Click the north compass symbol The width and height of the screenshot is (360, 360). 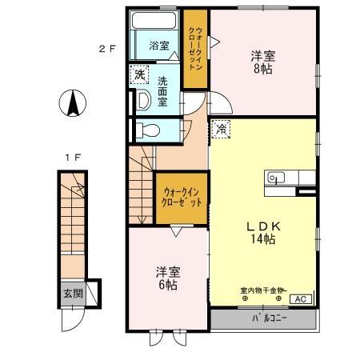[x=70, y=102]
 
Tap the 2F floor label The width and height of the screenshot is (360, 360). [x=107, y=48]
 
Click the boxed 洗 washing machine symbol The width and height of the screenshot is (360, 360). [x=139, y=74]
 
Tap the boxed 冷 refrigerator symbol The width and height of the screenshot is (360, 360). [x=219, y=126]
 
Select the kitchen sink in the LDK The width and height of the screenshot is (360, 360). [x=276, y=178]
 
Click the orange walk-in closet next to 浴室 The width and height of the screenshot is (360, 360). [x=195, y=49]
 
